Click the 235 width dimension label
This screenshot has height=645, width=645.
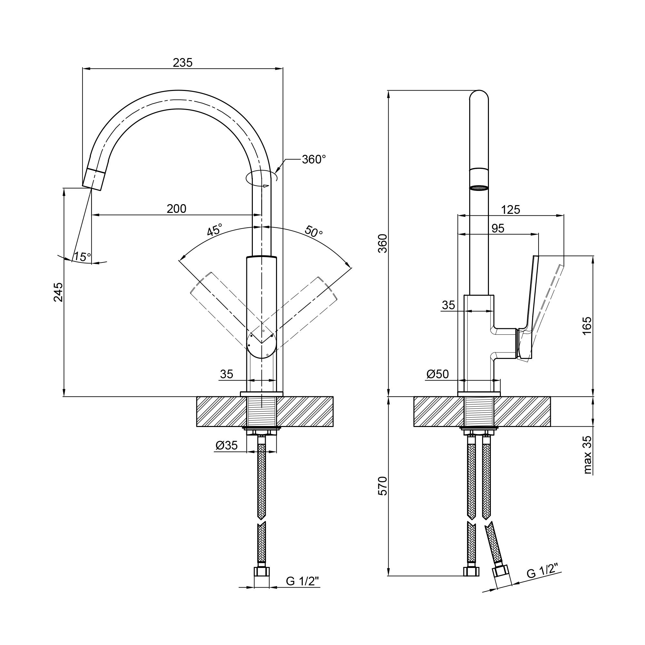[x=183, y=63]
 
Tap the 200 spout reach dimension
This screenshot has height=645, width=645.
[x=176, y=209]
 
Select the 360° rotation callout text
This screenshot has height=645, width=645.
[x=313, y=159]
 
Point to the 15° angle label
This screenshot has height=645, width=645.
[x=82, y=256]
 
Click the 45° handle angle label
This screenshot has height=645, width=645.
[x=214, y=230]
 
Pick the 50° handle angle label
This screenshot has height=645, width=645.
[x=314, y=231]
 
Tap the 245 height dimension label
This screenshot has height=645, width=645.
[x=58, y=292]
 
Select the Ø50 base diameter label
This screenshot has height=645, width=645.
[x=438, y=374]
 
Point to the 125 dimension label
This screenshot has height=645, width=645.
[x=511, y=210]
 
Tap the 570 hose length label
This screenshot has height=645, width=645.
[x=383, y=486]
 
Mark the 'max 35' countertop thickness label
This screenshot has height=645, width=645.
[x=588, y=455]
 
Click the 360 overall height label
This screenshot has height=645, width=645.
[x=383, y=243]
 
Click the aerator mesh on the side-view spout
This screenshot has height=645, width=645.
[x=478, y=188]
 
